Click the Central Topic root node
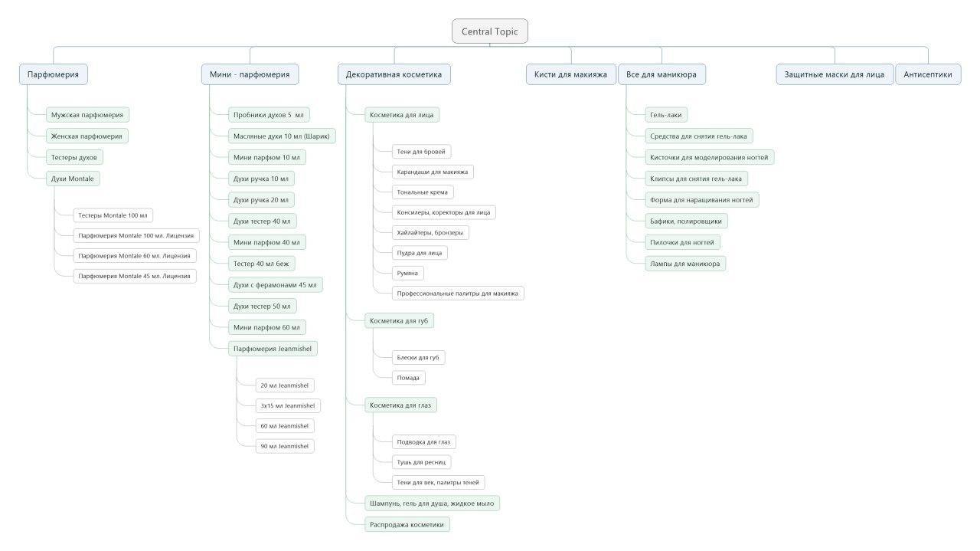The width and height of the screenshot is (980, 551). (x=489, y=31)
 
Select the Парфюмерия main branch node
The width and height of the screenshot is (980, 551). (x=54, y=74)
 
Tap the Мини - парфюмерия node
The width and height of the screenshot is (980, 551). (x=250, y=74)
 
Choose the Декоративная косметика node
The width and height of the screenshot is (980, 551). (x=394, y=74)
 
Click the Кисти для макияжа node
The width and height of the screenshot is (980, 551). (x=570, y=74)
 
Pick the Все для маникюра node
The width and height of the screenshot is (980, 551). (x=661, y=74)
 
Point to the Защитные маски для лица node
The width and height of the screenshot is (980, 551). (x=835, y=74)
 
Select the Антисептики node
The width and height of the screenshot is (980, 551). (x=928, y=74)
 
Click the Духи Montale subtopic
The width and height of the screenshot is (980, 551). (x=73, y=179)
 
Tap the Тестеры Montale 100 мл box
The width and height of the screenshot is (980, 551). (x=113, y=215)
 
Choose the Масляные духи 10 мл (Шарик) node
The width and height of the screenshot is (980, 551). (x=282, y=136)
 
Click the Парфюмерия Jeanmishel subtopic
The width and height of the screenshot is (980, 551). (x=273, y=349)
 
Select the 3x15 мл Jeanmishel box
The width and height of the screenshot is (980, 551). (x=288, y=405)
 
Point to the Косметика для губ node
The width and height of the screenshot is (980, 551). (x=399, y=320)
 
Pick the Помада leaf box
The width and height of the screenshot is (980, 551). (x=408, y=378)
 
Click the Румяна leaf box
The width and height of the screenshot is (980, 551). (x=407, y=274)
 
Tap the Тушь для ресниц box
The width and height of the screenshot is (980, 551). (x=421, y=462)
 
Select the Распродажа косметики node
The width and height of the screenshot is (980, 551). (x=407, y=525)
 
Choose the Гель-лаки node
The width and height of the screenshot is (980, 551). (x=666, y=115)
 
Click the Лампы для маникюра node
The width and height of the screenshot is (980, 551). (x=685, y=264)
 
